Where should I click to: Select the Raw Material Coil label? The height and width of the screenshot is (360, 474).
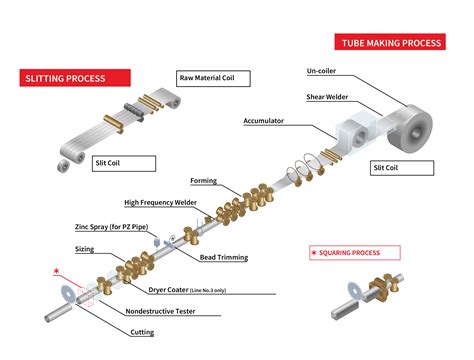pos(213,77)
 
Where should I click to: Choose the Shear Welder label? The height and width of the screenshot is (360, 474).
pos(327,97)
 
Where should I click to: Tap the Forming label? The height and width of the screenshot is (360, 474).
pos(204,181)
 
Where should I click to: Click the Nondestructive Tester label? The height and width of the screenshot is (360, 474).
pos(162,309)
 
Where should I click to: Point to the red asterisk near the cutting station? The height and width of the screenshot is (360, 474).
pos(41,270)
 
